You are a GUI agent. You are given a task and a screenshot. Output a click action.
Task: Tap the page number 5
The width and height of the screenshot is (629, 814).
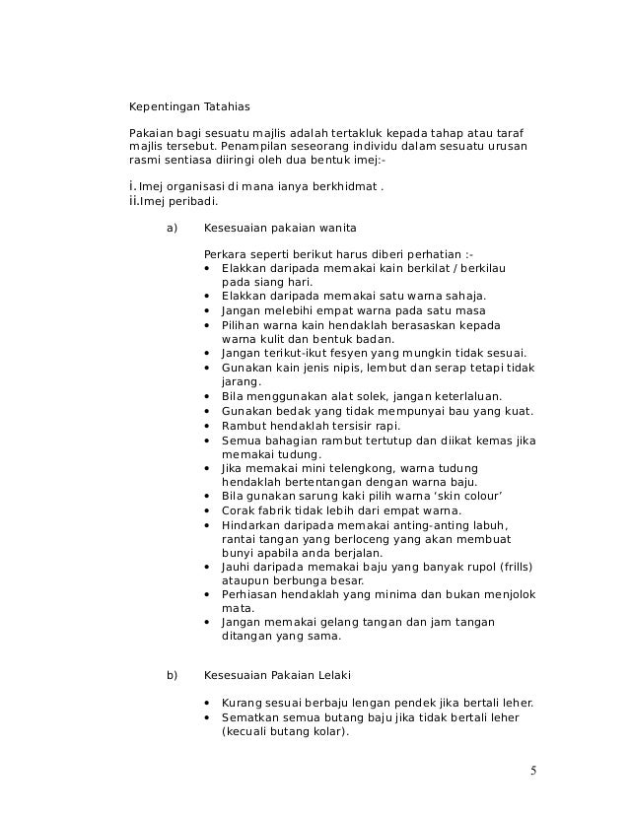pyautogui.click(x=533, y=770)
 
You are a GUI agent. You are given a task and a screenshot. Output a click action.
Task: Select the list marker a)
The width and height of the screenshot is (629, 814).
pyautogui.click(x=172, y=228)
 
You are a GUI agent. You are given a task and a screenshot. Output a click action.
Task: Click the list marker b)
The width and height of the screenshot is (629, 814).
pyautogui.click(x=172, y=675)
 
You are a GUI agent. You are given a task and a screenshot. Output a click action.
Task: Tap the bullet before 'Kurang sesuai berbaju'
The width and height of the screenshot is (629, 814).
pyautogui.click(x=206, y=703)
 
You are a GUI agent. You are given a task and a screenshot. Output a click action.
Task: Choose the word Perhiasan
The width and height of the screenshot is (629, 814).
pyautogui.click(x=250, y=595)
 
